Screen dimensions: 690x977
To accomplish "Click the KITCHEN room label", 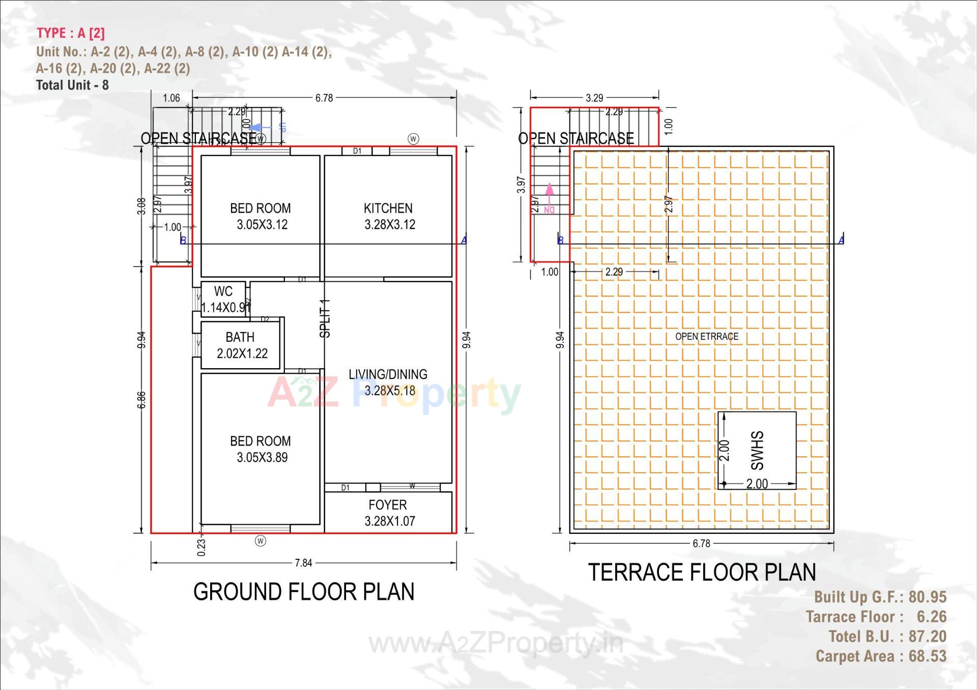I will pyautogui.click(x=388, y=208).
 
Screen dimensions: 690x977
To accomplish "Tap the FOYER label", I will pyautogui.click(x=388, y=505).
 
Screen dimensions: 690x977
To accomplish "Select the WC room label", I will pyautogui.click(x=223, y=291).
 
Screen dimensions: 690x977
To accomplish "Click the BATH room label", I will pyautogui.click(x=240, y=337).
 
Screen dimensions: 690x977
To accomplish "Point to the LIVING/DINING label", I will pyautogui.click(x=388, y=375).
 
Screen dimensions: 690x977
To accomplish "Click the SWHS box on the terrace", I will pyautogui.click(x=757, y=451).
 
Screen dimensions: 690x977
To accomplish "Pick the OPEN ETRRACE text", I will pyautogui.click(x=706, y=336).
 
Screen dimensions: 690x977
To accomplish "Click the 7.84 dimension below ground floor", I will pyautogui.click(x=303, y=563).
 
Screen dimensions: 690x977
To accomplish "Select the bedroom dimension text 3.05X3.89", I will pyautogui.click(x=262, y=458).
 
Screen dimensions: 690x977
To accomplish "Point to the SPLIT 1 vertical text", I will pyautogui.click(x=325, y=319).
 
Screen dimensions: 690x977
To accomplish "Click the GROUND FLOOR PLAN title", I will pyautogui.click(x=304, y=592).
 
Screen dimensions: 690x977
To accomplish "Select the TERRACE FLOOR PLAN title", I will pyautogui.click(x=702, y=573).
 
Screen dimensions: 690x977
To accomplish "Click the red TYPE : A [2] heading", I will pyautogui.click(x=71, y=33).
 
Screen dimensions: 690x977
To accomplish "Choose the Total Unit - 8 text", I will pyautogui.click(x=72, y=85).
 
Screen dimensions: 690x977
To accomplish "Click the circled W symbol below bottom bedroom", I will pyautogui.click(x=261, y=541).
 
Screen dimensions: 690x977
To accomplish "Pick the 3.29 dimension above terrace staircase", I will pyautogui.click(x=594, y=98).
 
